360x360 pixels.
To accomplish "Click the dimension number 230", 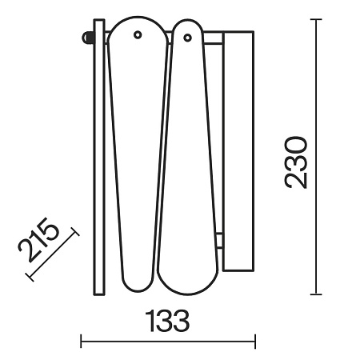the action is pos(296,162).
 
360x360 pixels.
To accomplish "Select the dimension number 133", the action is pos(167,321).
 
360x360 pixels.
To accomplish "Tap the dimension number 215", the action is pos(38,240).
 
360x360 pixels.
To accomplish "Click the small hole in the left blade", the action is pos(138,34).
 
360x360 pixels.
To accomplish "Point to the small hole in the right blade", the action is pos(187,38).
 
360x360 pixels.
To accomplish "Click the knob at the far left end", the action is pos(87,38).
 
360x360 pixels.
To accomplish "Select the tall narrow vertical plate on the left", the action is pos(99,158).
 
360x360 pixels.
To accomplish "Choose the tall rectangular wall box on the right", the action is pos(238,151).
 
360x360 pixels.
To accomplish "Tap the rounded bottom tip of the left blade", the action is pos(138,290).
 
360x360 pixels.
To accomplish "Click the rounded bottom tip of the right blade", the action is pos(187,294).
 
